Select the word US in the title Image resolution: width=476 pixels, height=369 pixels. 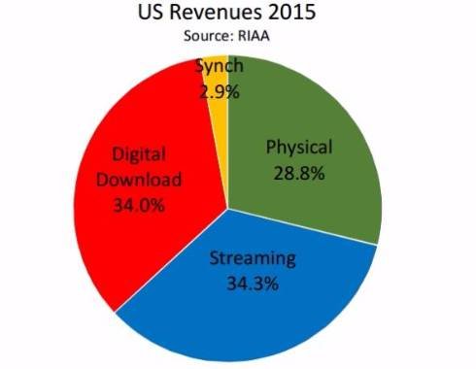152,12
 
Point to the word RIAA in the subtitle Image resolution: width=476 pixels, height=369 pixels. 254,36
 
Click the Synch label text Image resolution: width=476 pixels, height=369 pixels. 220,66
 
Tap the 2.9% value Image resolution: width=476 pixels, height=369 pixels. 220,92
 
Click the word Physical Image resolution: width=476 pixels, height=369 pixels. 299,148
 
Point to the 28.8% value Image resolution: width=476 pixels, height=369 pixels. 299,173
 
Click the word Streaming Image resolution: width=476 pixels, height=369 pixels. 253,259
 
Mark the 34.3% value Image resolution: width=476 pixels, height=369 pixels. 253,284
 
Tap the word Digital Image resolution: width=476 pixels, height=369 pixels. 139,154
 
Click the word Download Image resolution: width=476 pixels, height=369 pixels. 139,180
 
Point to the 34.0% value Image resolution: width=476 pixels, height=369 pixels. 139,205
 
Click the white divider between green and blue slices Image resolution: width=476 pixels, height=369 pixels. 302,227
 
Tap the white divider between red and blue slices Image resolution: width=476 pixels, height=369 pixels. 171,260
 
